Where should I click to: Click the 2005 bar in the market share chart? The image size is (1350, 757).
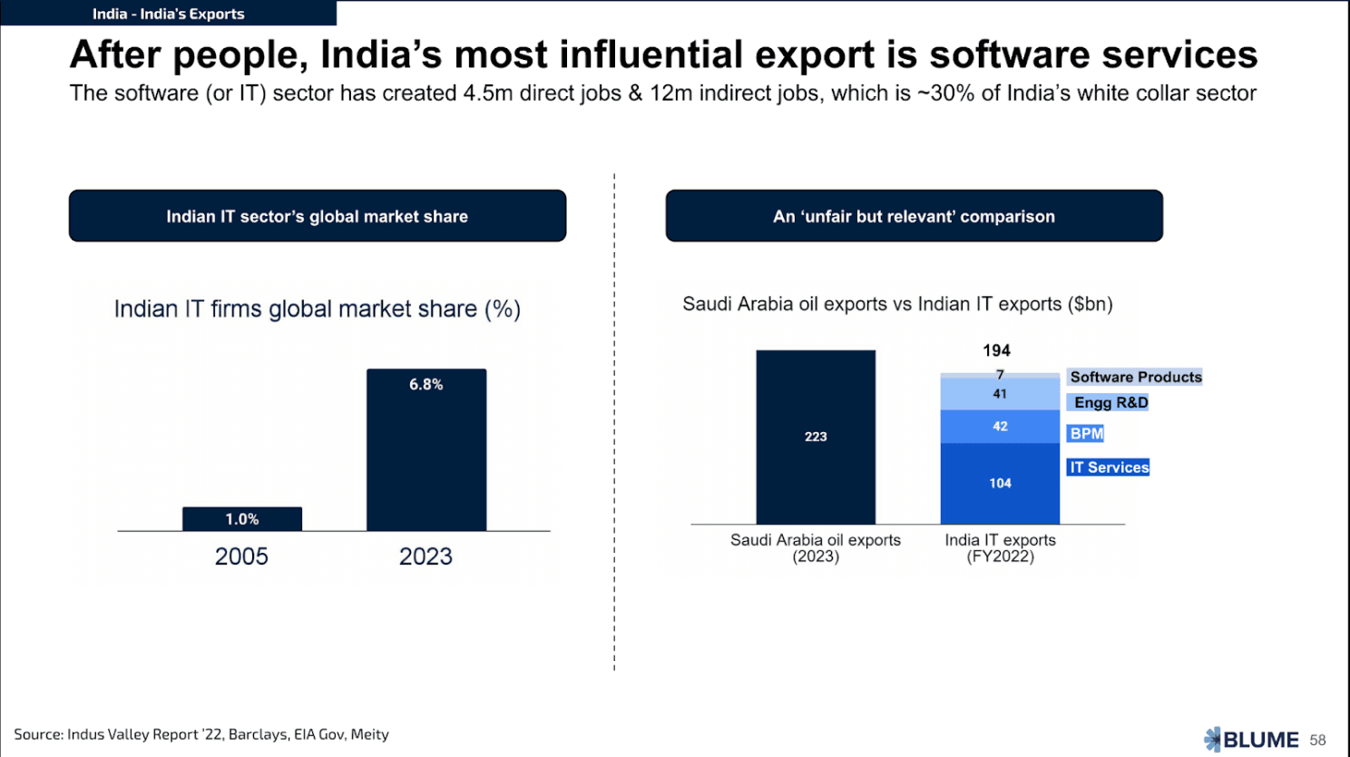[x=242, y=519]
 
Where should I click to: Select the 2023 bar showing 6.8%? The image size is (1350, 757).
[x=426, y=449]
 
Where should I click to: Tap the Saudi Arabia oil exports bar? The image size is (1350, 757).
[x=816, y=437]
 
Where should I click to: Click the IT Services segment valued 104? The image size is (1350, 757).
[x=1000, y=483]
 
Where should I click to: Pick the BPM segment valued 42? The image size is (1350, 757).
[x=1000, y=427]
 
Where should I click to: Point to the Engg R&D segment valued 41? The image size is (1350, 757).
[x=1000, y=394]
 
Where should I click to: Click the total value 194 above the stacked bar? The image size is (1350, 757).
[x=996, y=350]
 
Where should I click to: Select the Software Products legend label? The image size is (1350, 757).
[x=1135, y=377]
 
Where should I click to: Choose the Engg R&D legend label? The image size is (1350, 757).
[x=1110, y=402]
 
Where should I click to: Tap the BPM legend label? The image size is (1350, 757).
[x=1086, y=434]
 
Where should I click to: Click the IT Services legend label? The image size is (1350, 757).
[x=1109, y=467]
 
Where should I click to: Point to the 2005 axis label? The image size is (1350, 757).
[x=241, y=556]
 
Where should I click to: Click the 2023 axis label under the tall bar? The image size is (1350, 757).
[x=426, y=556]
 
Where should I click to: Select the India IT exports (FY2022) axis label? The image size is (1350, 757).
[x=1000, y=548]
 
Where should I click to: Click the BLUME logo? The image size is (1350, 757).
[x=1251, y=740]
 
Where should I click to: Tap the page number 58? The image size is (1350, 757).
[x=1318, y=741]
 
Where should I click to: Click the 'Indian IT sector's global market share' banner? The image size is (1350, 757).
[x=318, y=216]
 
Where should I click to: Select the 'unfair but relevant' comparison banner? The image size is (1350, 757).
[x=914, y=216]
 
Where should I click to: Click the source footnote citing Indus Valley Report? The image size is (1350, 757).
[x=201, y=734]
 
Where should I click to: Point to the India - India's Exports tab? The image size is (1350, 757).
[x=168, y=14]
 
